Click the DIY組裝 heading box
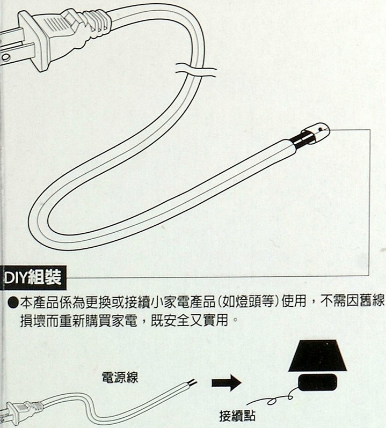(x=33, y=278)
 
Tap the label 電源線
(x=120, y=378)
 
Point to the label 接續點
(x=237, y=416)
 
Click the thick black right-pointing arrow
(x=227, y=383)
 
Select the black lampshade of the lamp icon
(x=317, y=356)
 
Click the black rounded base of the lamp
(x=318, y=382)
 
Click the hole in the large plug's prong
(x=6, y=57)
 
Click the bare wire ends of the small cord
(x=192, y=382)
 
